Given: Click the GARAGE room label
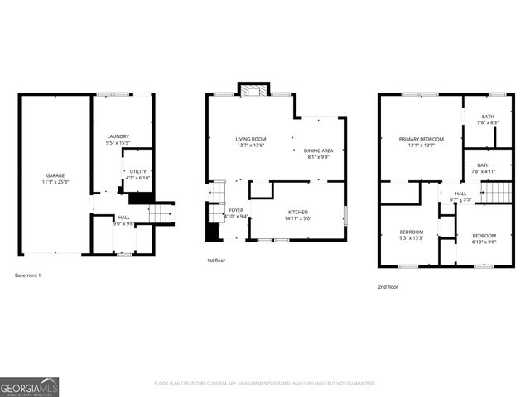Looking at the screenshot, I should coord(55,175).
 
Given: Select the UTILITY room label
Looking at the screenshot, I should coord(137,171).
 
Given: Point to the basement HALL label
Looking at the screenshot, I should coord(123,218).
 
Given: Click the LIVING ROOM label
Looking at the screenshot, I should coord(250,139).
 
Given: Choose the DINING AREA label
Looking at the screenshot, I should coord(319,150).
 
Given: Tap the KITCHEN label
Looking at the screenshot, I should coord(297,212).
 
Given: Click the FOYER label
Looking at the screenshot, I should coord(236,211).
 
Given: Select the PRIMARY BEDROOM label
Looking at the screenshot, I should coord(421,139).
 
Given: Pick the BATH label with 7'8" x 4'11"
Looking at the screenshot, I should coord(483,165).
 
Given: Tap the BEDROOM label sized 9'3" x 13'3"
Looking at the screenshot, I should coord(412,232).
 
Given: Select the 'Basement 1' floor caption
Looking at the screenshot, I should coord(27,275).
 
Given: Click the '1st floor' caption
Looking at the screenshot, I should coord(217,261).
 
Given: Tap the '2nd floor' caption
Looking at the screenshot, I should coord(388,286).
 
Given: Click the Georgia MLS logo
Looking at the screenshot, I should coord(29,385).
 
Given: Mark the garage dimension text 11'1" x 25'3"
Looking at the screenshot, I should coord(55,181).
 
